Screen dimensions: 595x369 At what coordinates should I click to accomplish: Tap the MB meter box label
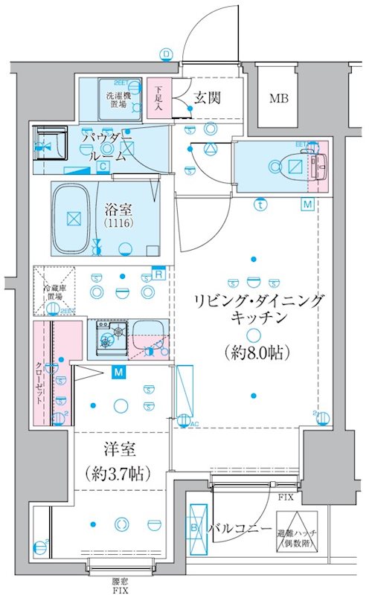click(x=279, y=99)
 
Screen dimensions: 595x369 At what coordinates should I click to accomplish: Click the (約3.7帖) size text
click(x=119, y=473)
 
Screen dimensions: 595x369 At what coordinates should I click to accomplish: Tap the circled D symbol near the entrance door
click(x=165, y=54)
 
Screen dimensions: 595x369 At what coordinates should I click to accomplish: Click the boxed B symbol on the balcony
click(x=196, y=529)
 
